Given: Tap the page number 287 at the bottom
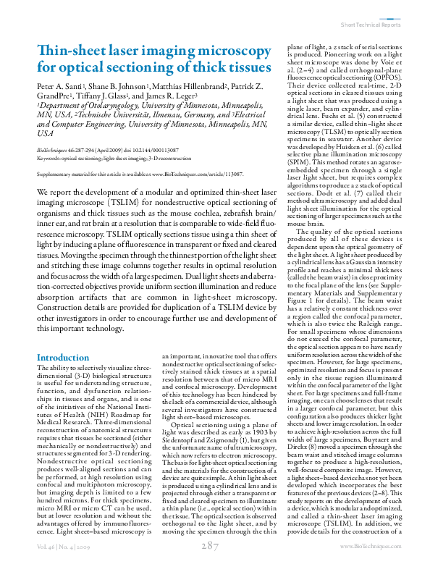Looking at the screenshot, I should pyautogui.click(x=211, y=545).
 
